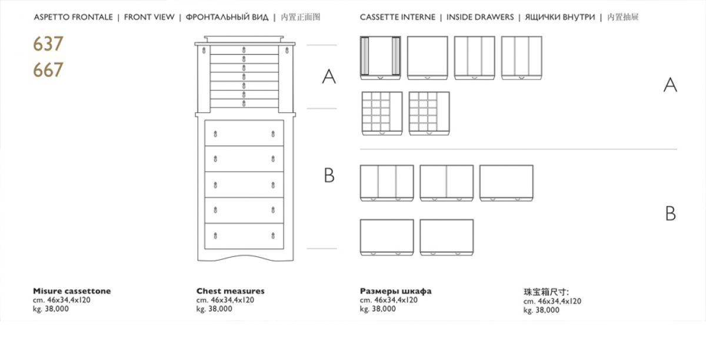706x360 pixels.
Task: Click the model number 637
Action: [x=48, y=44]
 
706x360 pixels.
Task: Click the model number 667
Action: [x=48, y=70]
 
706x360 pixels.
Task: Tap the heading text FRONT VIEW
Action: [x=149, y=17]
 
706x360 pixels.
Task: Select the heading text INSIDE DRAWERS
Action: [x=479, y=17]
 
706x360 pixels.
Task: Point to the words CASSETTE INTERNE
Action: [x=398, y=17]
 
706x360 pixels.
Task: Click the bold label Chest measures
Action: [x=230, y=291]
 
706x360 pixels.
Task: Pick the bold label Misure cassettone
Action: [x=72, y=291]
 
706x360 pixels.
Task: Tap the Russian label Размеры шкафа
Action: [x=395, y=291]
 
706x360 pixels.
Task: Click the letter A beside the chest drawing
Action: [x=329, y=76]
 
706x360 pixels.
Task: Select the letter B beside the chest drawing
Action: [x=329, y=175]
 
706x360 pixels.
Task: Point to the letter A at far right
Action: [x=670, y=85]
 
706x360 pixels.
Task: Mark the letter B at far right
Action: [x=670, y=214]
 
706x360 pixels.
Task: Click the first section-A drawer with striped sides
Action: [x=381, y=58]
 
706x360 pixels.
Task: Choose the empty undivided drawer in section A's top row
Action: [x=428, y=58]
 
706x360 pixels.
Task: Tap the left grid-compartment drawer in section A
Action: [x=382, y=113]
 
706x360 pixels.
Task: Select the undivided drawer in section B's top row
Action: [x=506, y=183]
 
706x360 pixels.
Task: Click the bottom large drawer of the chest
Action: [x=244, y=236]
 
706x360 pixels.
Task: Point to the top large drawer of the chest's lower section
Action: [x=244, y=134]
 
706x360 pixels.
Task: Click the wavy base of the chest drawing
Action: [x=244, y=256]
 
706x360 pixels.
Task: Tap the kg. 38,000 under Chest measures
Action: [x=214, y=309]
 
